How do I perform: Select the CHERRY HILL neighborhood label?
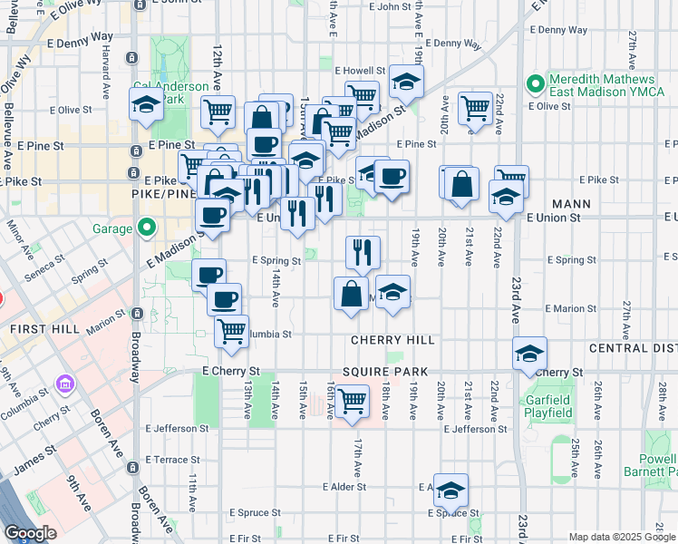(x=395, y=340)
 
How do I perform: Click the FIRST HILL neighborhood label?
(x=32, y=327)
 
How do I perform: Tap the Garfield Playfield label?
(x=549, y=406)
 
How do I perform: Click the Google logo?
(x=30, y=533)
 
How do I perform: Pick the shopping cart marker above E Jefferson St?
(x=351, y=400)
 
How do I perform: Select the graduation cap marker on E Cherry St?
(x=529, y=354)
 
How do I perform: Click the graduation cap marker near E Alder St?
(x=450, y=491)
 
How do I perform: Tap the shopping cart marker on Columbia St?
(x=232, y=331)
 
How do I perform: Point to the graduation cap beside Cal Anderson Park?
(x=143, y=105)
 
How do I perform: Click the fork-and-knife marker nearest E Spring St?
(x=363, y=252)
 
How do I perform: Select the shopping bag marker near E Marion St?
(x=351, y=294)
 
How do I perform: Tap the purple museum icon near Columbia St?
(x=64, y=384)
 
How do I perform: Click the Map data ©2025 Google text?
(x=621, y=537)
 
